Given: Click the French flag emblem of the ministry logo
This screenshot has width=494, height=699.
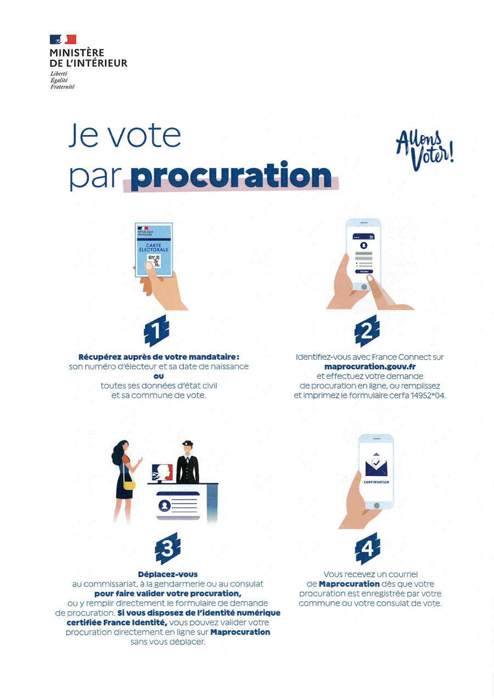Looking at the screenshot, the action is (x=63, y=40).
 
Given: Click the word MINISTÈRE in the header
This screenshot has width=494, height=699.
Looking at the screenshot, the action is (x=77, y=52).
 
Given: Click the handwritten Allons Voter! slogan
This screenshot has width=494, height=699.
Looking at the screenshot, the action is (x=425, y=150).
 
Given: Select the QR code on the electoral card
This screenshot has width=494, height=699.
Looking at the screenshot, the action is (x=154, y=261).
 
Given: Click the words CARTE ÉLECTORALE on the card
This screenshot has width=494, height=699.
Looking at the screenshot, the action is (x=154, y=248).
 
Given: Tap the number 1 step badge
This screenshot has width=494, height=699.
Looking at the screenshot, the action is (x=156, y=331).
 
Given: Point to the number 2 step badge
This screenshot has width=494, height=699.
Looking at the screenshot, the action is (x=367, y=331).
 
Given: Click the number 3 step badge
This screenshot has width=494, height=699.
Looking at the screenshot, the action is (x=168, y=549).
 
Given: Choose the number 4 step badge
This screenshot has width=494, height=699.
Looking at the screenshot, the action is (x=368, y=549).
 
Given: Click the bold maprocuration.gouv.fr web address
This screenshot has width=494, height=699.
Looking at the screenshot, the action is (x=370, y=367).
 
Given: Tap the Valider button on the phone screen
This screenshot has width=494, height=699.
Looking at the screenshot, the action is (x=364, y=271).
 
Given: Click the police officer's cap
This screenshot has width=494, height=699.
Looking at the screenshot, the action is (x=187, y=443).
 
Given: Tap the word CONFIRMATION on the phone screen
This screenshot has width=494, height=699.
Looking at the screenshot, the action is (x=376, y=482).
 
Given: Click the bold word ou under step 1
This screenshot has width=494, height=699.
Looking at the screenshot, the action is (x=159, y=376).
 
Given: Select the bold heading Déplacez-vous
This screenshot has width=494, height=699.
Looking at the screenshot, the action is (x=168, y=574).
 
